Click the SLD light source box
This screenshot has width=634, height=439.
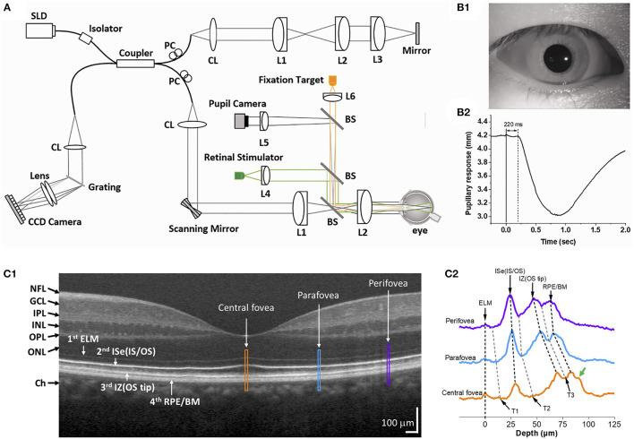pyautogui.click(x=40, y=30)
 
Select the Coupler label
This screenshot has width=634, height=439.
pyautogui.click(x=135, y=52)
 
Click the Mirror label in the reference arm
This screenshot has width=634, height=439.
pyautogui.click(x=418, y=65)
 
